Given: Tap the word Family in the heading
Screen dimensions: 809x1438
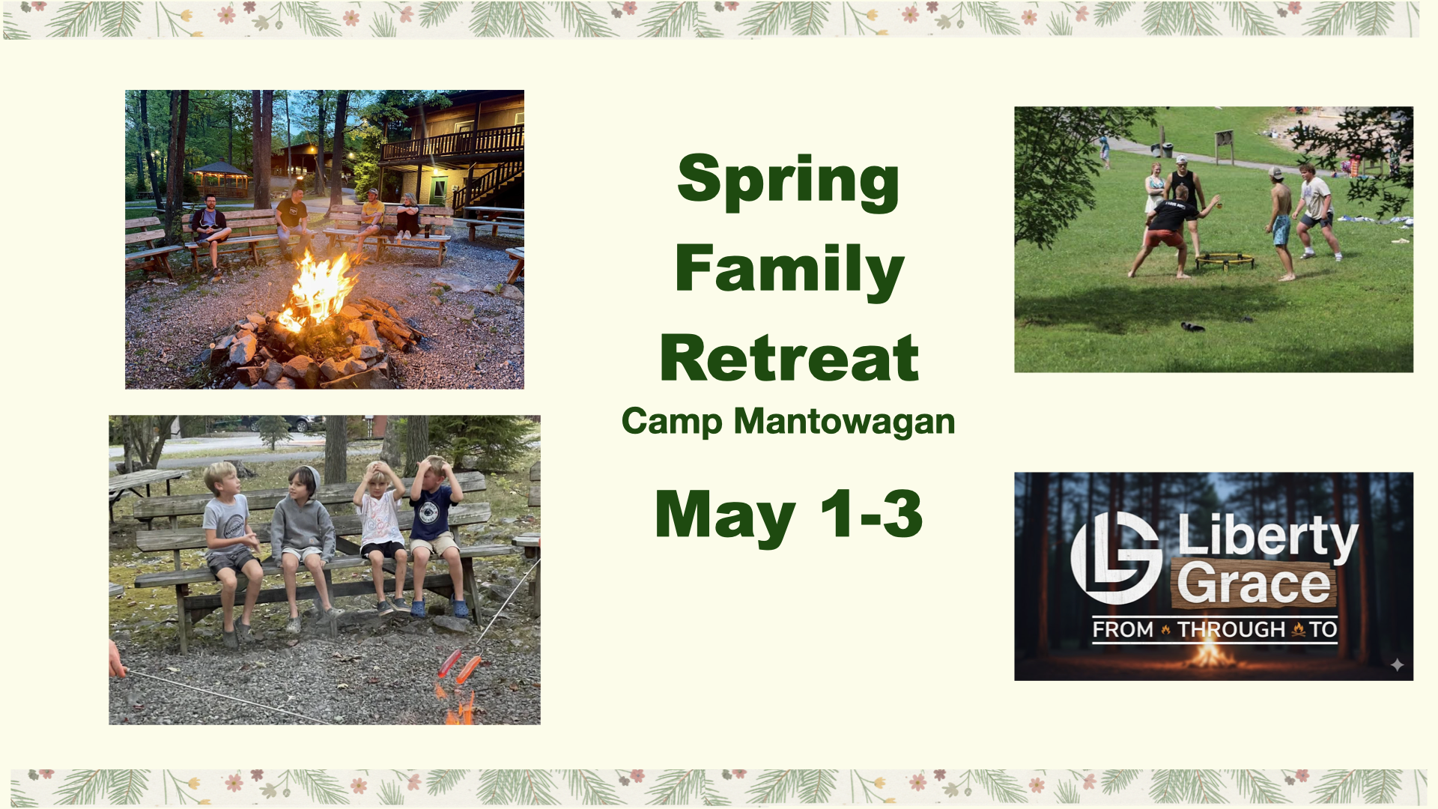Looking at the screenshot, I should (x=789, y=270).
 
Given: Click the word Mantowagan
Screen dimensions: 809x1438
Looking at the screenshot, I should (x=844, y=421).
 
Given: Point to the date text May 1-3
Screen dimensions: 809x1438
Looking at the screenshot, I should (x=789, y=515).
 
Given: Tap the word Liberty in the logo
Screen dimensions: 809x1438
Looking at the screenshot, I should (x=1267, y=536).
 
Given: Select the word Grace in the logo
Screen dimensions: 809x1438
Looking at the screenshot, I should (x=1254, y=584).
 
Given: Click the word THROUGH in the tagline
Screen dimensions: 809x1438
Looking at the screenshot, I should (x=1231, y=629).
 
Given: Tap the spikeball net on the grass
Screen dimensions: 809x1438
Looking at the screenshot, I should (x=1225, y=260).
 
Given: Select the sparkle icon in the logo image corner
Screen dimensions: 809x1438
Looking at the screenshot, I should (x=1397, y=664).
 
